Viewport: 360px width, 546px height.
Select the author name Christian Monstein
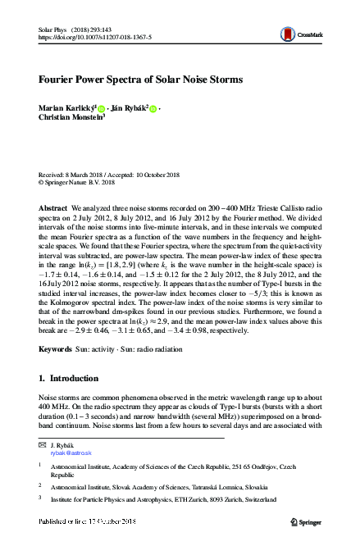pos(70,117)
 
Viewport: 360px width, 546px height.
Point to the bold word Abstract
pos(53,210)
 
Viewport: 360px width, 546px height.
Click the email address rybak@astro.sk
pos(71,452)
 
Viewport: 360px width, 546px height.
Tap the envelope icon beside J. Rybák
pos(43,444)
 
